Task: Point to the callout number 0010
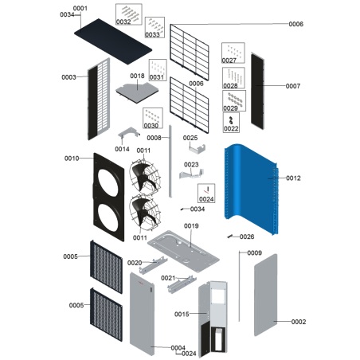click(72, 158)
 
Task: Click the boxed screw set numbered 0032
click(126, 14)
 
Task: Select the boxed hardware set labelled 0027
click(231, 54)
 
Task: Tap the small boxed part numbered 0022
click(232, 120)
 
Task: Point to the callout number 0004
click(176, 348)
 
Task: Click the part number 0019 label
click(191, 226)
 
